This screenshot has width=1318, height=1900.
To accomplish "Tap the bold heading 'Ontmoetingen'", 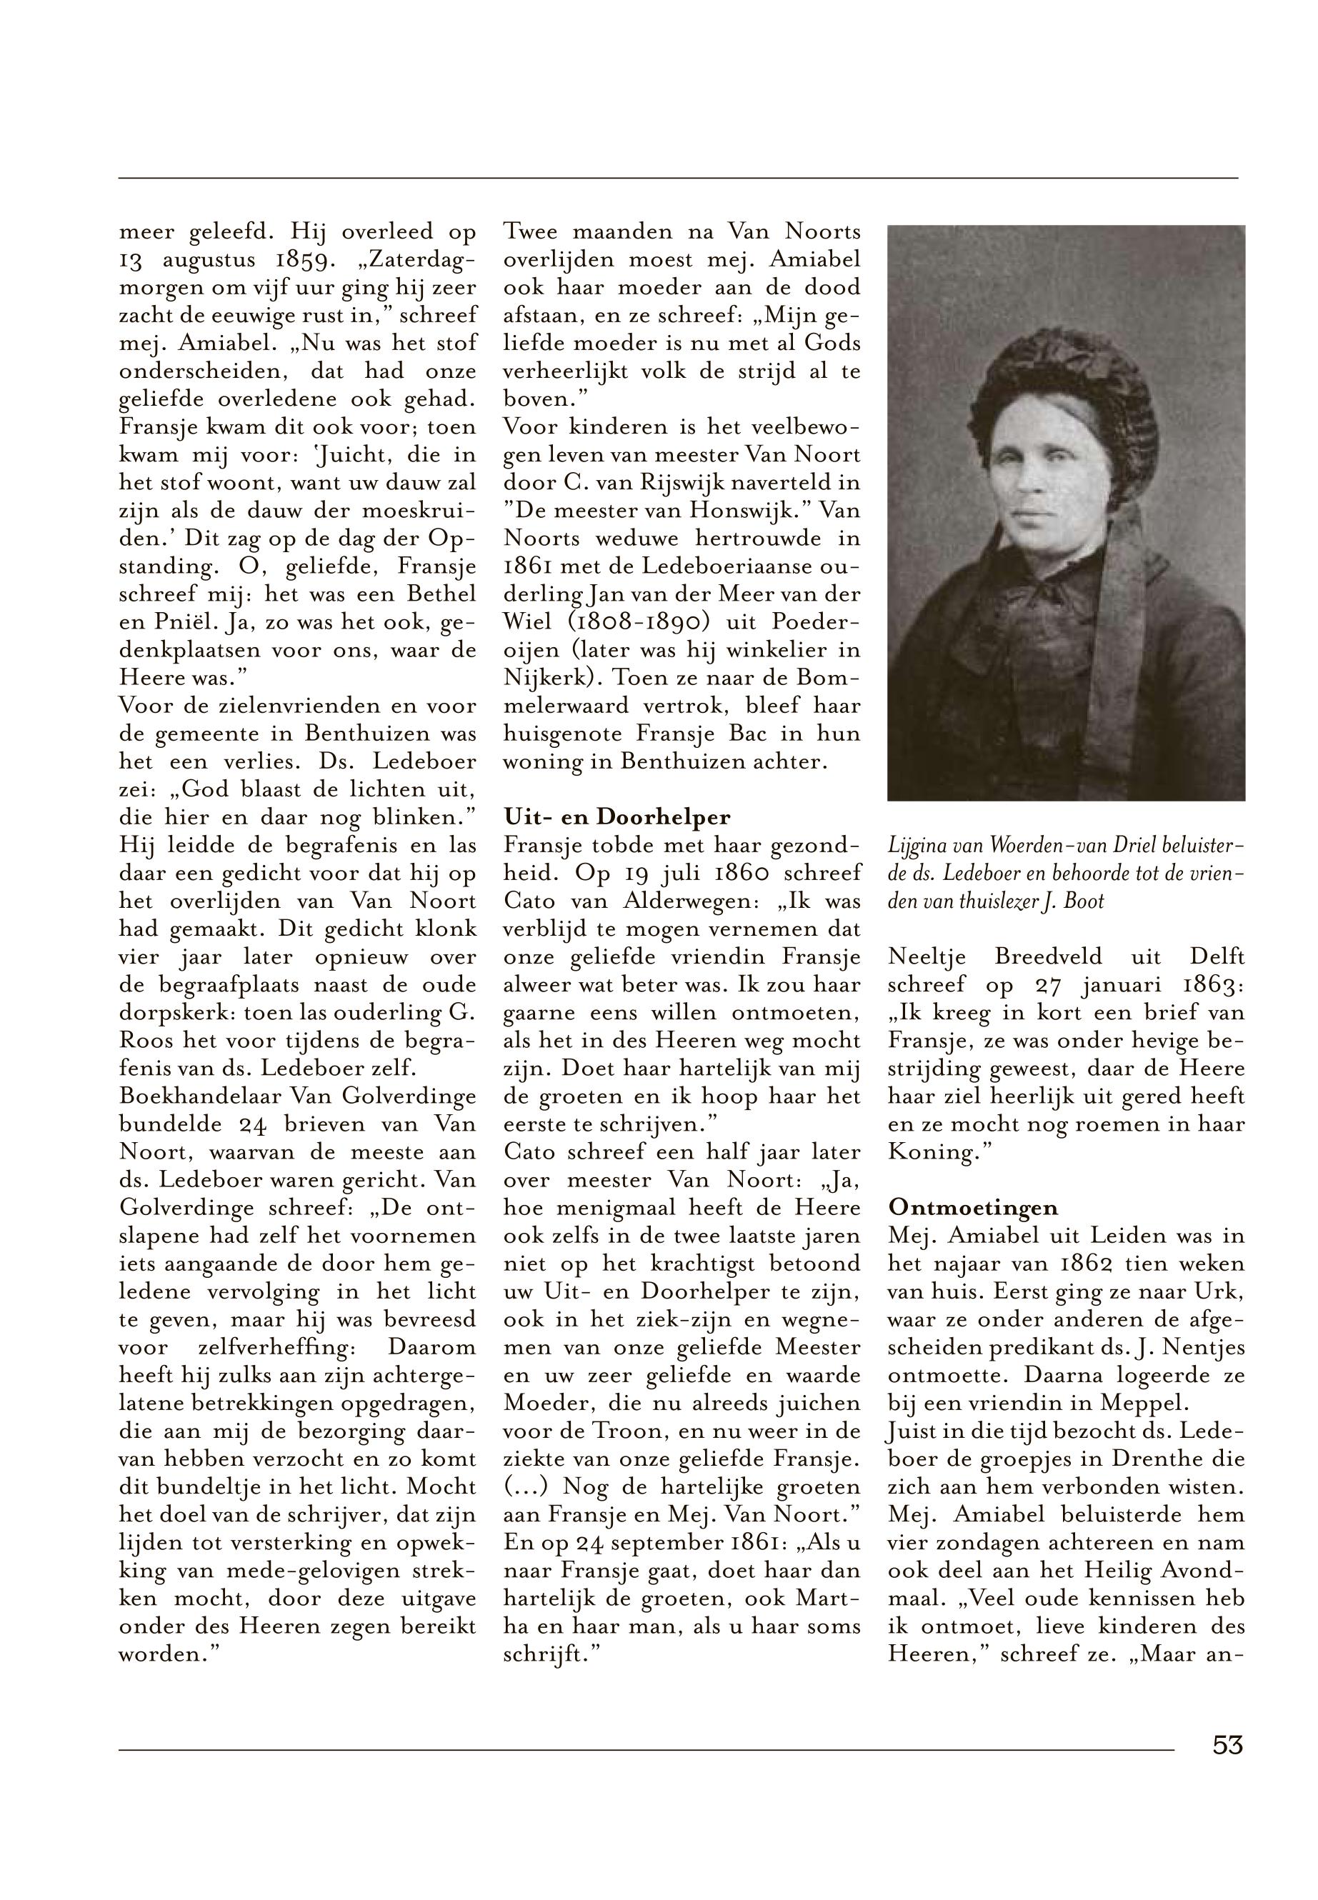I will (973, 1207).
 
